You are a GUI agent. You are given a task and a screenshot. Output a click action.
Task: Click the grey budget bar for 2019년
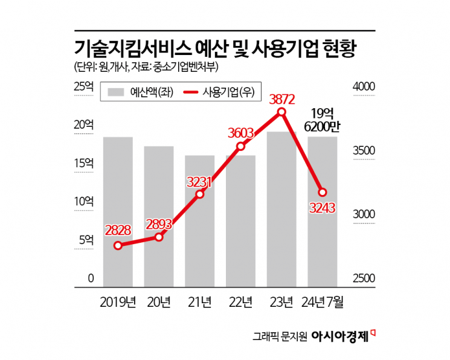[x=118, y=211]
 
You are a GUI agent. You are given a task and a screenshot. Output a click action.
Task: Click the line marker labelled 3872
[x=281, y=112]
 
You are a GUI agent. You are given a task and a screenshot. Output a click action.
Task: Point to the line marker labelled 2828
[x=118, y=245]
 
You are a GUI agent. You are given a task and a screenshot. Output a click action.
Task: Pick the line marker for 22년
[x=240, y=146]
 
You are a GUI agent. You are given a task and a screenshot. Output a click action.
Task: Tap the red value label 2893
[x=159, y=223]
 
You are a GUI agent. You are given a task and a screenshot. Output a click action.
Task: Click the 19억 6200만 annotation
[x=323, y=120]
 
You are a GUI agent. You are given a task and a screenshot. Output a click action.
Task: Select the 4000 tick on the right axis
[x=364, y=87]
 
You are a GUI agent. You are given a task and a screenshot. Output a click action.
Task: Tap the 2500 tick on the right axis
[x=364, y=279]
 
